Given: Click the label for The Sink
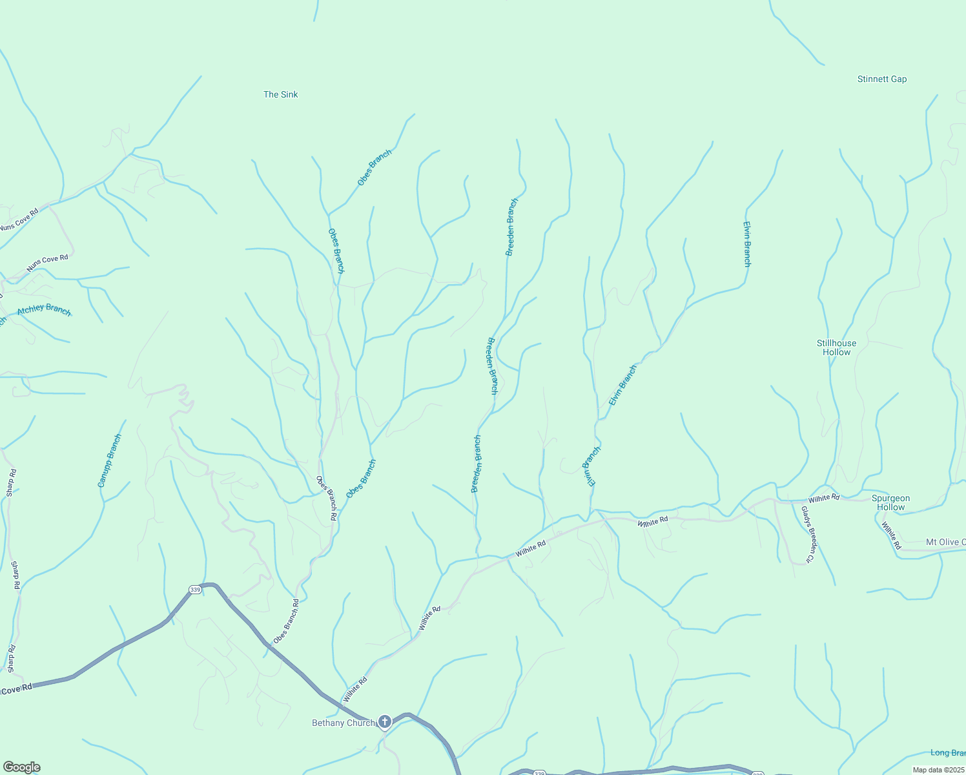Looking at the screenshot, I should (x=280, y=94).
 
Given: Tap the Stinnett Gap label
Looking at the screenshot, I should (x=881, y=79).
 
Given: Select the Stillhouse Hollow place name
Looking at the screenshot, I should (x=836, y=347).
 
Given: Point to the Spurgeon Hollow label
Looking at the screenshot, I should (x=890, y=502).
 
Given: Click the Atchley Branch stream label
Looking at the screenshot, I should (x=44, y=309).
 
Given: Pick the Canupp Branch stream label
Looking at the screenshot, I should (x=110, y=460).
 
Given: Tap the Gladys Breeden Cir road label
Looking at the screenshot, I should (x=810, y=534).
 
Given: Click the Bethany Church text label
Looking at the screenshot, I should (x=344, y=723).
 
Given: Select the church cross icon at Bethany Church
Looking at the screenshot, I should (x=385, y=721).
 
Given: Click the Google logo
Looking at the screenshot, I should (x=21, y=767).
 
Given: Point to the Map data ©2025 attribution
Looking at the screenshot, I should (x=938, y=770).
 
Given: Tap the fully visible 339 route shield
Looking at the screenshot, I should (x=194, y=589).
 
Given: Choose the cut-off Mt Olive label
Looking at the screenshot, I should (x=945, y=542).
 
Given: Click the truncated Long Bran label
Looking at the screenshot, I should (x=947, y=752).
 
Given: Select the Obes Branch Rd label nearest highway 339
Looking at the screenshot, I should (x=286, y=621).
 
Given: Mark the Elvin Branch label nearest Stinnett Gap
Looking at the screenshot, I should (x=746, y=244).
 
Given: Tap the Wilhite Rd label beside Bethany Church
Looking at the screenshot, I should (x=355, y=689).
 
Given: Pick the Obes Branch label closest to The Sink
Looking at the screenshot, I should (x=375, y=167).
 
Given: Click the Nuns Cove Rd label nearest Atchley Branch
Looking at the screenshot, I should (x=47, y=263).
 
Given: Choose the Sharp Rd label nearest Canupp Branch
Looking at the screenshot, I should (x=11, y=482).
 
